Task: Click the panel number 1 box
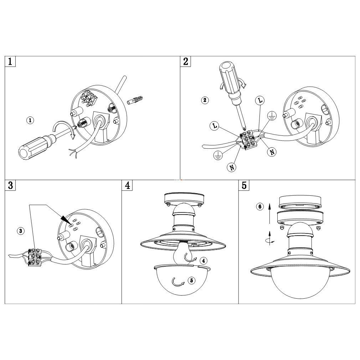tap(10, 61)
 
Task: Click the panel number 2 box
tap(185, 61)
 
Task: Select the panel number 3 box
tap(10, 185)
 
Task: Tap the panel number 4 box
tap(127, 185)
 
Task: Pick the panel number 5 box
tap(244, 185)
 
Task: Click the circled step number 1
tap(30, 120)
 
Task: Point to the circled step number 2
tap(205, 100)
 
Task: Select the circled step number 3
tap(21, 231)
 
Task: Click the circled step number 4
tap(204, 261)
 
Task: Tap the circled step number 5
tap(191, 280)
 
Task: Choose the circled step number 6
tap(260, 207)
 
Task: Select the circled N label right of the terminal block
tap(272, 152)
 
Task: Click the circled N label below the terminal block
tap(232, 168)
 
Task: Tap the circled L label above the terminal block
tap(260, 101)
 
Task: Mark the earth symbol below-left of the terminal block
tap(218, 156)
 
